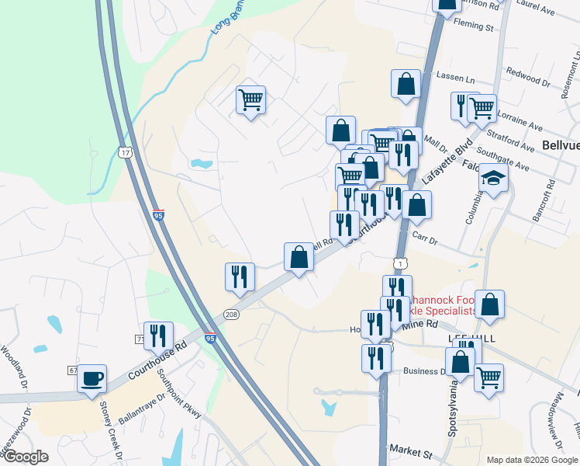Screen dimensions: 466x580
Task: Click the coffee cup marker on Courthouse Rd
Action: coord(92,379)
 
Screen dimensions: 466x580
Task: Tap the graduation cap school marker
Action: coord(493,179)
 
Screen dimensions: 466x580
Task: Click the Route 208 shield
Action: coord(231,315)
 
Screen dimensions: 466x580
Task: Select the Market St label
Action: coord(411,450)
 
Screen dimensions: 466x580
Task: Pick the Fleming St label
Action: coord(474,26)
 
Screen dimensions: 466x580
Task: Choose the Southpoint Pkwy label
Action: coord(179,393)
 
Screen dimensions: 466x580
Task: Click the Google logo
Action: coord(26,457)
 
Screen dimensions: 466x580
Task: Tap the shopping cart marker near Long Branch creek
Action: coord(250,100)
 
